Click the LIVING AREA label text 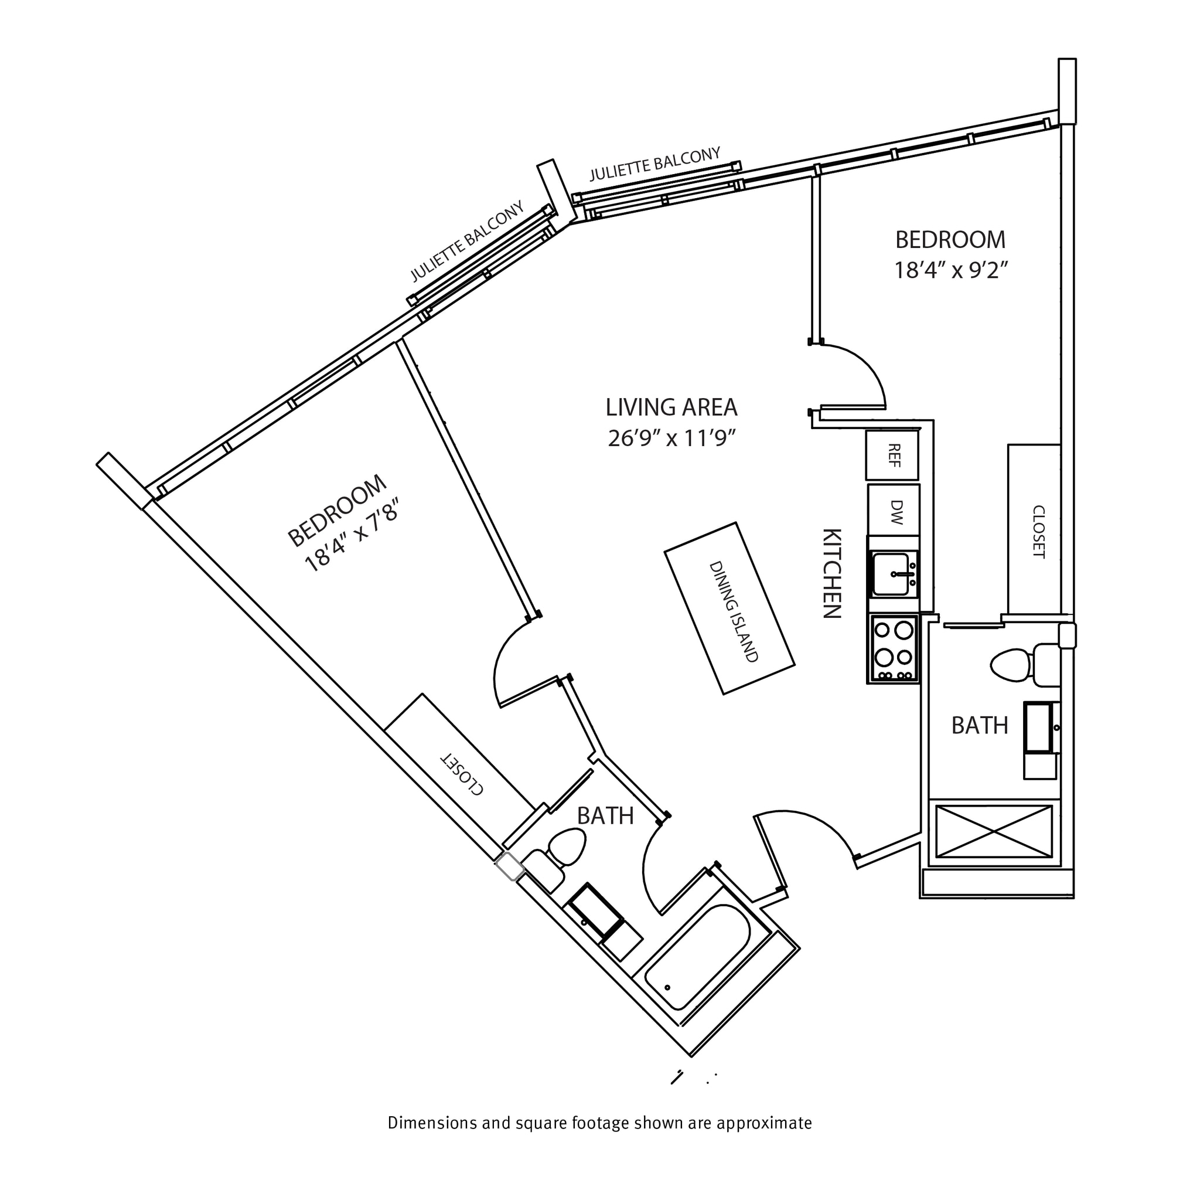[x=671, y=407]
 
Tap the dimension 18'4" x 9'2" [x=950, y=271]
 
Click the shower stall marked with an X [x=993, y=831]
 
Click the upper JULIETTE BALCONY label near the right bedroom [x=654, y=164]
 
